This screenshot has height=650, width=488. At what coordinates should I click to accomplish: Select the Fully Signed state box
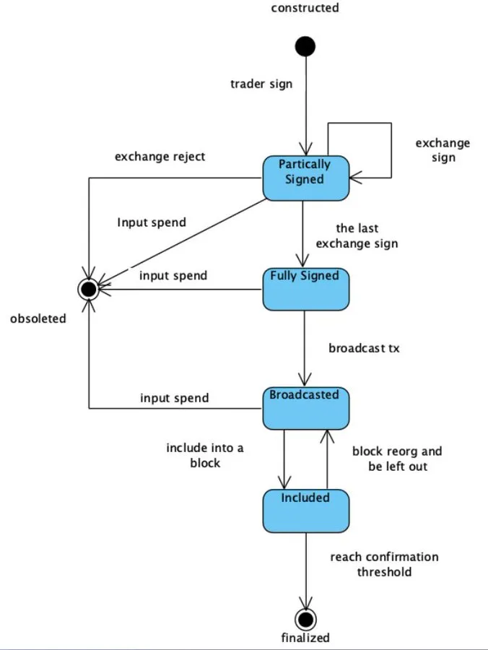point(305,290)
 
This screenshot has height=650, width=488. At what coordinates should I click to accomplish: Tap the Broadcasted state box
point(305,409)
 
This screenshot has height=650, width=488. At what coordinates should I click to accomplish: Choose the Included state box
point(305,511)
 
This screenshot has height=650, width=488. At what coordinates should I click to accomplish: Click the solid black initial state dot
point(305,47)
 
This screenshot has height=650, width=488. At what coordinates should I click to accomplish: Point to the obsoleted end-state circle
point(89,290)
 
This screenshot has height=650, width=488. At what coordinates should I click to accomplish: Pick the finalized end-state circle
point(305,619)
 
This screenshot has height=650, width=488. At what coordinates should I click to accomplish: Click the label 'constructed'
point(305,9)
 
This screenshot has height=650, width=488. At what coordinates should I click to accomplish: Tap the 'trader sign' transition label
point(261,84)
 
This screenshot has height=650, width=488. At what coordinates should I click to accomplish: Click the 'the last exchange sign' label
point(357,236)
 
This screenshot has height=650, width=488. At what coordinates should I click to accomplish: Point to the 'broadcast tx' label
point(364,348)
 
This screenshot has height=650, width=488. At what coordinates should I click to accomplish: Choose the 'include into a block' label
point(205,455)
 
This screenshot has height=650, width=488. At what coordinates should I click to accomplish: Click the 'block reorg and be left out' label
point(397,459)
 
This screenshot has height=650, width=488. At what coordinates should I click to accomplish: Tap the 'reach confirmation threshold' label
point(384,564)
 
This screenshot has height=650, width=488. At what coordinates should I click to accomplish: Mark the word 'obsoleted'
point(38,318)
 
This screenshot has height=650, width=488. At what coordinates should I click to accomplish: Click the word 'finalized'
point(305,638)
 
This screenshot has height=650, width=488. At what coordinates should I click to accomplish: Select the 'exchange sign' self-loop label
point(443,150)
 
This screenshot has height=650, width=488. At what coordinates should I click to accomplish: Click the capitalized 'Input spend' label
point(152,222)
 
